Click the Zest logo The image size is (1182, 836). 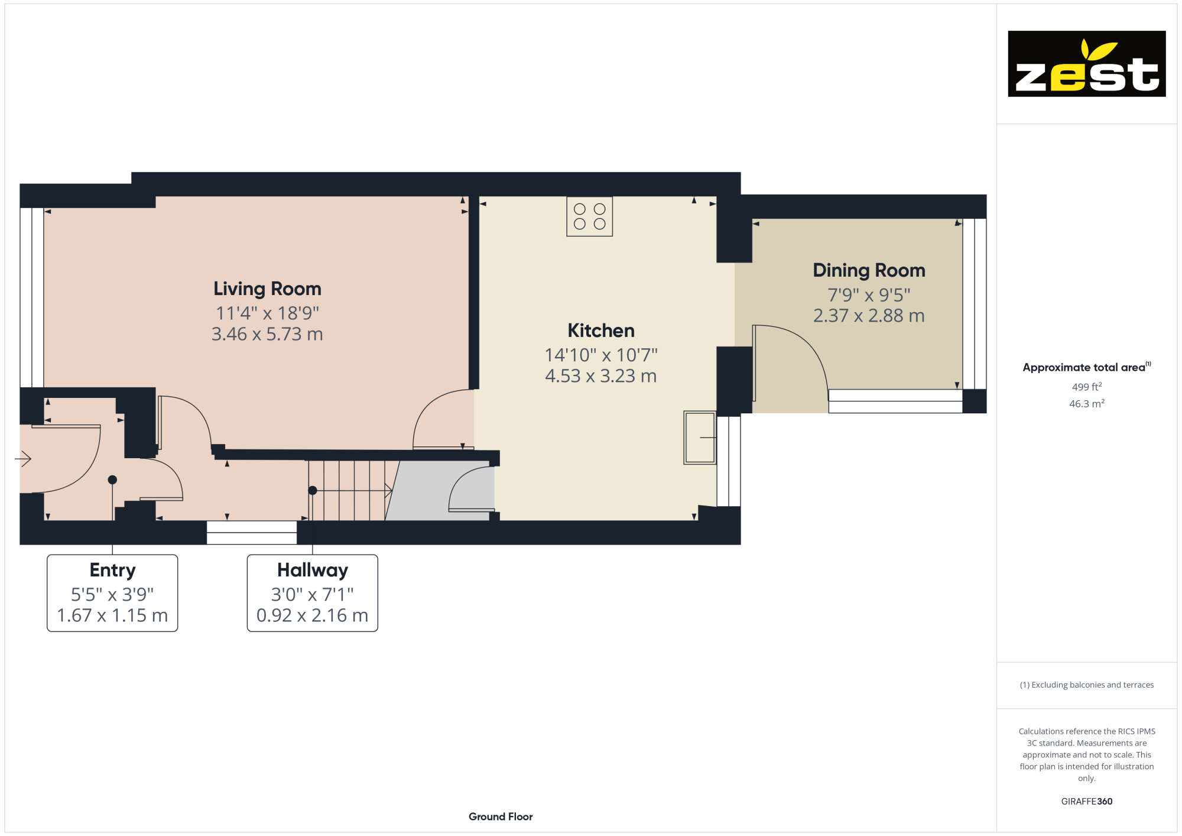coord(1086,64)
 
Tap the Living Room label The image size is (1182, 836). coord(267,289)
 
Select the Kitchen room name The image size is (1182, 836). coord(601,330)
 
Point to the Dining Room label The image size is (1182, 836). coord(869,270)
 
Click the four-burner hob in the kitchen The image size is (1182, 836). coord(589,216)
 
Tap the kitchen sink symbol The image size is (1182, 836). coord(700,438)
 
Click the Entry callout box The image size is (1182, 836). coord(112,593)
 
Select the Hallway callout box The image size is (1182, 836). coord(312,593)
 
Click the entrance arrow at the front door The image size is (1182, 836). coord(23,458)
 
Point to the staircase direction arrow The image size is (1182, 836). coord(352,490)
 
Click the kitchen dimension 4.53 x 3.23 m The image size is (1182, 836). coord(601,376)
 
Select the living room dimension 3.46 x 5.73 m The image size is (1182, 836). coord(267,334)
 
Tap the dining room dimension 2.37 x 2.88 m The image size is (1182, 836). coord(869,316)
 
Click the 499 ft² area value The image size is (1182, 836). coord(1087,387)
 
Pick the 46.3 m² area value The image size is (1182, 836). coord(1087,404)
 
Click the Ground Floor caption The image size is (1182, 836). coord(501,816)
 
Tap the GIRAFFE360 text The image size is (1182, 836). coord(1087,802)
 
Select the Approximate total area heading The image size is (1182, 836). coord(1087,367)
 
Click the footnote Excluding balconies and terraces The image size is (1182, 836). coord(1087,685)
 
